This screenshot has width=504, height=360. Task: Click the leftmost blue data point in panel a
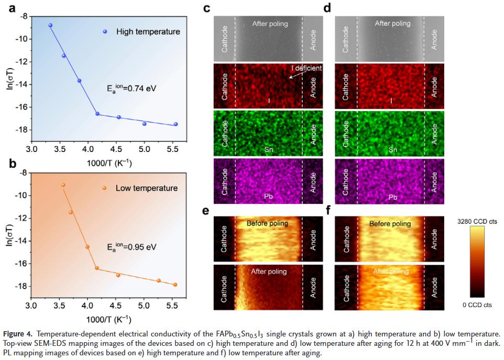click(x=50, y=25)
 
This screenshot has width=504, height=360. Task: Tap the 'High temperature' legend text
click(x=148, y=31)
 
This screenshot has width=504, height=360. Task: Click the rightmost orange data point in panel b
click(x=175, y=285)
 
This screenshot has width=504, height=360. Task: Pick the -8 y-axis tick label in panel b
click(x=24, y=173)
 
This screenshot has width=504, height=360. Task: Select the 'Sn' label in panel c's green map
click(x=269, y=150)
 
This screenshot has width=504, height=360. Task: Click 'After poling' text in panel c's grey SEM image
click(x=270, y=24)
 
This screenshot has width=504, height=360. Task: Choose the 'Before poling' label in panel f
click(x=390, y=224)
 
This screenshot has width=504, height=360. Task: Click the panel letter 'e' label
click(x=206, y=211)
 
